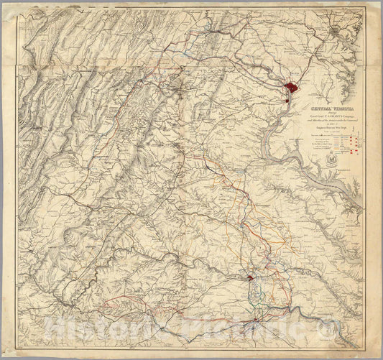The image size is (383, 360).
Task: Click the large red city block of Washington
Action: pos(292,88)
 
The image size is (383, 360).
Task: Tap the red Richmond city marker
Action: pos(249,277)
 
